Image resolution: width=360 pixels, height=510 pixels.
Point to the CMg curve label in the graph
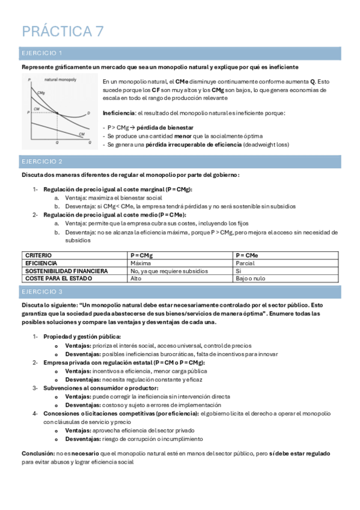40,93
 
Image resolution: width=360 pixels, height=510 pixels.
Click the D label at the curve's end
89,112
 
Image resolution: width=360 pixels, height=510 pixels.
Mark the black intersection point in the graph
56,112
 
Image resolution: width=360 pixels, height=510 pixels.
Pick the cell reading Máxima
140,263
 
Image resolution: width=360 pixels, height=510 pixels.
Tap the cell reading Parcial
245,263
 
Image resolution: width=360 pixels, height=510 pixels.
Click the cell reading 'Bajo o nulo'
250,278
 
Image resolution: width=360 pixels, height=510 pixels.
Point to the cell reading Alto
136,278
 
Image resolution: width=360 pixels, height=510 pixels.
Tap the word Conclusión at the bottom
37,453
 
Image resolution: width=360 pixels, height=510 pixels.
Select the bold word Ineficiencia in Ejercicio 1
119,113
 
